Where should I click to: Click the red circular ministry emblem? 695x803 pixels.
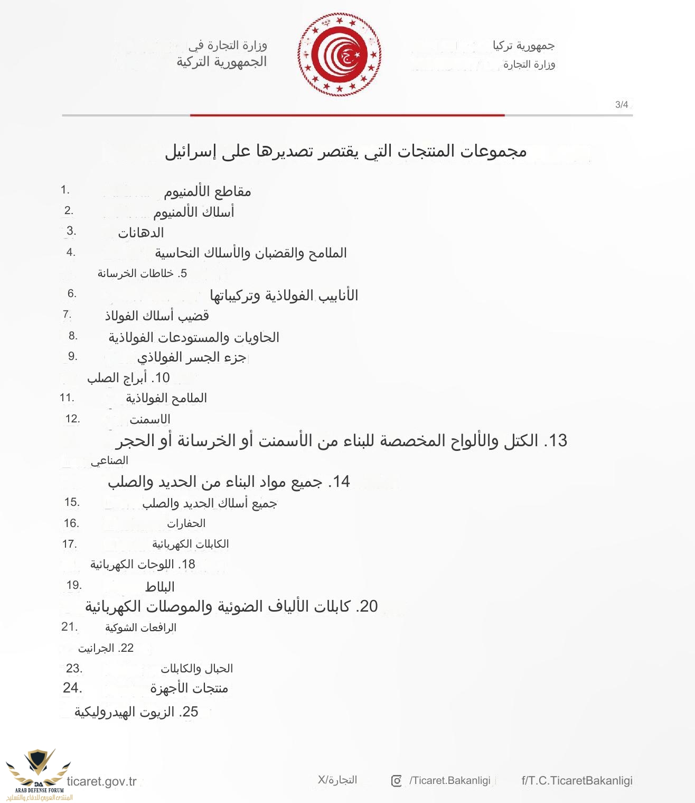339,54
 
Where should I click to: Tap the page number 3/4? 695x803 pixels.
622,105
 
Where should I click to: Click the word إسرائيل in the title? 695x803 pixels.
190,152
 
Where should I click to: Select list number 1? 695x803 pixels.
65,190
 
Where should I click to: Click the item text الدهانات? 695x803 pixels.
140,233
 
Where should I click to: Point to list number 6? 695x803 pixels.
72,293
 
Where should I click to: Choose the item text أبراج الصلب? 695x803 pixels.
117,378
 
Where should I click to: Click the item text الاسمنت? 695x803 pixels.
150,420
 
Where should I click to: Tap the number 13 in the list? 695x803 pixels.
558,441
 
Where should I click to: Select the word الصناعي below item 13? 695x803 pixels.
109,461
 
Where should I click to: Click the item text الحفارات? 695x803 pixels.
186,523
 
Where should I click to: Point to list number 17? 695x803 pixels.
69,544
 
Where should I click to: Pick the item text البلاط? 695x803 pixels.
159,587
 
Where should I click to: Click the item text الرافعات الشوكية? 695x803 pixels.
140,627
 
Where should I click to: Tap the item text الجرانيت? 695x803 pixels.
96,648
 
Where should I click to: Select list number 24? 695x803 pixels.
72,688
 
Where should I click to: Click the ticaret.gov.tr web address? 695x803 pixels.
101,781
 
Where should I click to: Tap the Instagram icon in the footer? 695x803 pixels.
396,781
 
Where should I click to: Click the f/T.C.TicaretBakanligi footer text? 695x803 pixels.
577,781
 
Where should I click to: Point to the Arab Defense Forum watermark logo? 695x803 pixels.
38,774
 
